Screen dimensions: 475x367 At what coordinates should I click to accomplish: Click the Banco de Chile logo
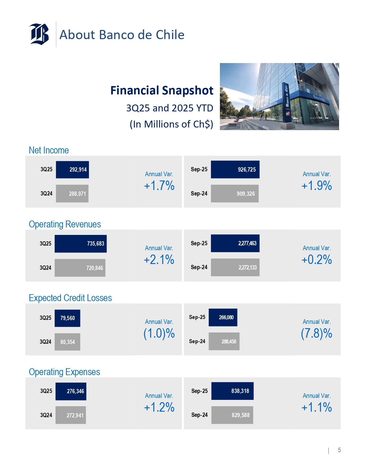(39, 34)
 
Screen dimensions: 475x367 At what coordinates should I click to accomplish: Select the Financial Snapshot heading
(162, 90)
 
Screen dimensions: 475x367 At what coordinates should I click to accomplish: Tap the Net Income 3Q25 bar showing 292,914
(72, 170)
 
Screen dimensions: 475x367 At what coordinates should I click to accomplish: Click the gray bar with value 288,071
(72, 194)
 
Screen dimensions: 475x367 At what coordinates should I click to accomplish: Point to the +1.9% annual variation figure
(317, 186)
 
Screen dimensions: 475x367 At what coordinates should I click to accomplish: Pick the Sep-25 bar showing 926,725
(235, 170)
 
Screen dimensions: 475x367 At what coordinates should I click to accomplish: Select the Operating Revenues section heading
(65, 224)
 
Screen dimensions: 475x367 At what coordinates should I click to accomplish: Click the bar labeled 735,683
(81, 244)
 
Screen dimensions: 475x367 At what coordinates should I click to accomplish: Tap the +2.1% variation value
(159, 260)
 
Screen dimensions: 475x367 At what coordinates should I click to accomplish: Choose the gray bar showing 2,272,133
(235, 267)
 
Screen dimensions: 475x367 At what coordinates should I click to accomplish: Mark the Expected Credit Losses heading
(70, 298)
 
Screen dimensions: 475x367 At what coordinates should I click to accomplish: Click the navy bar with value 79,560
(67, 318)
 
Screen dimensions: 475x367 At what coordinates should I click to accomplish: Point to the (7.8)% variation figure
(317, 333)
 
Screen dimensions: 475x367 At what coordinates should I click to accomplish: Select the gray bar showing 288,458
(224, 341)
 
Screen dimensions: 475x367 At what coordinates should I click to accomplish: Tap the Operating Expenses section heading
(64, 372)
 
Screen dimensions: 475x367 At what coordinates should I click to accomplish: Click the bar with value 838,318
(232, 391)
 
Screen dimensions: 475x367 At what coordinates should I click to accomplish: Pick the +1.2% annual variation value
(159, 407)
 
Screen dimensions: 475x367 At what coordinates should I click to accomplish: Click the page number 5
(339, 450)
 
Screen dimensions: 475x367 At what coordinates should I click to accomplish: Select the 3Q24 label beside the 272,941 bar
(46, 415)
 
